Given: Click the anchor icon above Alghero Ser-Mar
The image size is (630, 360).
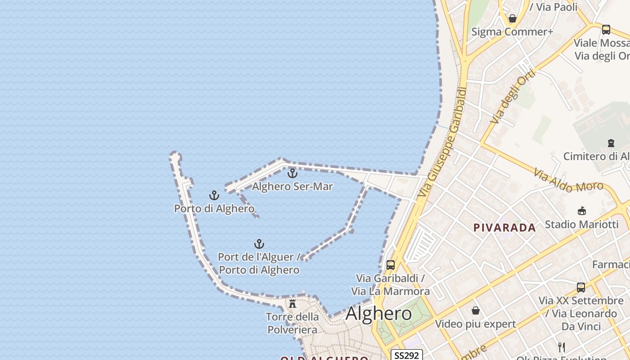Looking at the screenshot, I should (x=292, y=173).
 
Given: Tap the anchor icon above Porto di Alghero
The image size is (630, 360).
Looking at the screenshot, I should (x=214, y=195).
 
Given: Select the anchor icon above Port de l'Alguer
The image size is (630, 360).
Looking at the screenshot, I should (x=259, y=244).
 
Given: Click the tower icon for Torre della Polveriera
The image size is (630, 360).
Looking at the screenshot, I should (x=292, y=304).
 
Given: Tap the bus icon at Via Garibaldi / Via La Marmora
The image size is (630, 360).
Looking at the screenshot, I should (x=391, y=265).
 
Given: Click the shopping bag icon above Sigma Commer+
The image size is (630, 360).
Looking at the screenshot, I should (x=512, y=19).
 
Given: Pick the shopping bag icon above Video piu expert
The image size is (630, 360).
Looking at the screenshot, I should (x=476, y=310).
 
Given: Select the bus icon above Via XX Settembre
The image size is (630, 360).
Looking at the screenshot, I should (x=581, y=287).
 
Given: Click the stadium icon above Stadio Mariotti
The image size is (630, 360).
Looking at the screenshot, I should (x=581, y=211).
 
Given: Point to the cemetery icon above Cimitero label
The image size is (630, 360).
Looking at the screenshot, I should (x=611, y=143).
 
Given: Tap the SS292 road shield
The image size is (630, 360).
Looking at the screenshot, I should (x=406, y=355).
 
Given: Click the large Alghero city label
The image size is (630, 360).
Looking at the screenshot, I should (x=379, y=314).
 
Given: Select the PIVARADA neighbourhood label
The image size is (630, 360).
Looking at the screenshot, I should (x=504, y=228).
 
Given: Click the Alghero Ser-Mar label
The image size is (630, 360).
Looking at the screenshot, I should (x=292, y=186).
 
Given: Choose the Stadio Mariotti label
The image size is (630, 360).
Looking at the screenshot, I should (x=582, y=224).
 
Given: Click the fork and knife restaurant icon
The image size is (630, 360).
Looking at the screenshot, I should (x=562, y=347).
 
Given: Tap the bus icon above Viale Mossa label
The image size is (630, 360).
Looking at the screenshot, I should (x=606, y=30).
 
